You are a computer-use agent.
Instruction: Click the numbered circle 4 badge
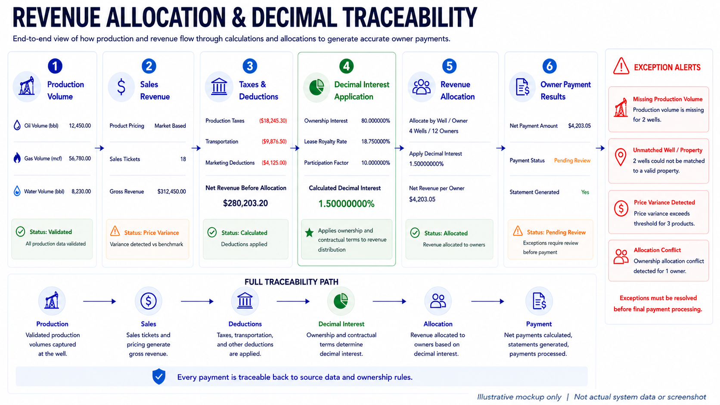pyautogui.click(x=346, y=66)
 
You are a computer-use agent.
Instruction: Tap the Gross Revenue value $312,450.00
pyautogui.click(x=171, y=192)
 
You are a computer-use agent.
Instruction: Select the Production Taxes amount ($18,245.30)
pyautogui.click(x=273, y=121)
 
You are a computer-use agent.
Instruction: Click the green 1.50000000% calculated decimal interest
pyautogui.click(x=346, y=204)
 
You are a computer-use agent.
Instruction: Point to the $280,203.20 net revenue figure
pyautogui.click(x=245, y=203)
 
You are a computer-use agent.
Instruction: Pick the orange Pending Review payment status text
pyautogui.click(x=572, y=160)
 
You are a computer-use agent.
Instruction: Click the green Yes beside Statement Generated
pyautogui.click(x=585, y=192)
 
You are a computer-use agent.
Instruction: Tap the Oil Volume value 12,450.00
pyautogui.click(x=80, y=126)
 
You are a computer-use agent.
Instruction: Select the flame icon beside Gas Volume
pyautogui.click(x=17, y=158)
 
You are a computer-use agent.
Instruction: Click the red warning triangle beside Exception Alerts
pyautogui.click(x=621, y=66)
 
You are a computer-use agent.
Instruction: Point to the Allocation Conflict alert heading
pyautogui.click(x=657, y=250)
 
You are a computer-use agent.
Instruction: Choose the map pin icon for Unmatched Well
pyautogui.click(x=621, y=157)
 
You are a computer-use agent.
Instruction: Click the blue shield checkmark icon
pyautogui.click(x=159, y=377)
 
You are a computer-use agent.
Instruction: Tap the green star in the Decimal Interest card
pyautogui.click(x=309, y=232)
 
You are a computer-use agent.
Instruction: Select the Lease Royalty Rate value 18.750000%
pyautogui.click(x=376, y=141)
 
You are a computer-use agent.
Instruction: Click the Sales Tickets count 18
pyautogui.click(x=183, y=159)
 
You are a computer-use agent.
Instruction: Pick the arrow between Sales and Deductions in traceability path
pyautogui.click(x=197, y=301)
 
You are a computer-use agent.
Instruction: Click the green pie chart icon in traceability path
pyautogui.click(x=341, y=301)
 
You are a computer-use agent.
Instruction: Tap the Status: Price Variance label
pyautogui.click(x=152, y=232)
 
